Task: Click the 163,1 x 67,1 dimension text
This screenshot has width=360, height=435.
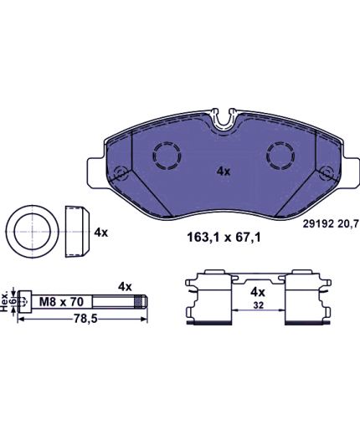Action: coord(224,238)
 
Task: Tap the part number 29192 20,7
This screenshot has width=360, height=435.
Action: coord(330,224)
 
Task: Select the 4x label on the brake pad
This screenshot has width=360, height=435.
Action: coord(224,171)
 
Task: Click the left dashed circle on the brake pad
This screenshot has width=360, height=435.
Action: coord(167,156)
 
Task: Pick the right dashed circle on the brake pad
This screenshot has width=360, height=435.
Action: coord(280,156)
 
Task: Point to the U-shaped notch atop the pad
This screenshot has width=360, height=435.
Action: coord(224,119)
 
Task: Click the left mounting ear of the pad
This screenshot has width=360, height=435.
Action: coord(96,173)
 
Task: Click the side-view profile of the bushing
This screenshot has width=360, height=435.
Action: coord(77,232)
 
